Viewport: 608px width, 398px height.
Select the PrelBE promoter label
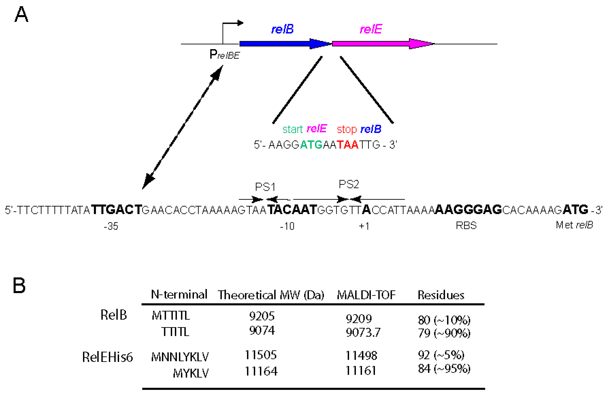224,54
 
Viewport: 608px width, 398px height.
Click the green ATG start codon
311,145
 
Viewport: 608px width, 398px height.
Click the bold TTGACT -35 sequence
116,210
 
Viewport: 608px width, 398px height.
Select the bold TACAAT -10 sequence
292,210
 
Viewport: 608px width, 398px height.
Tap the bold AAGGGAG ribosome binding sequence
468,210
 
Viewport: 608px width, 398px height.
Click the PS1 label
265,187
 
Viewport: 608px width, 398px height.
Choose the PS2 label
349,184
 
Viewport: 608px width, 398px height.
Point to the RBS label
466,225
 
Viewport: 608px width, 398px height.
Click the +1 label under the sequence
364,226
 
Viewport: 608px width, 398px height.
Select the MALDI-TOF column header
366,295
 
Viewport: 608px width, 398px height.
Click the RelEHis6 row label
107,357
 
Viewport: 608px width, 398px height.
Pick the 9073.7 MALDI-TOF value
363,333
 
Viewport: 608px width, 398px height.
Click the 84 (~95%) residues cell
444,369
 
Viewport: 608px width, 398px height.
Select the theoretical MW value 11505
260,355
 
